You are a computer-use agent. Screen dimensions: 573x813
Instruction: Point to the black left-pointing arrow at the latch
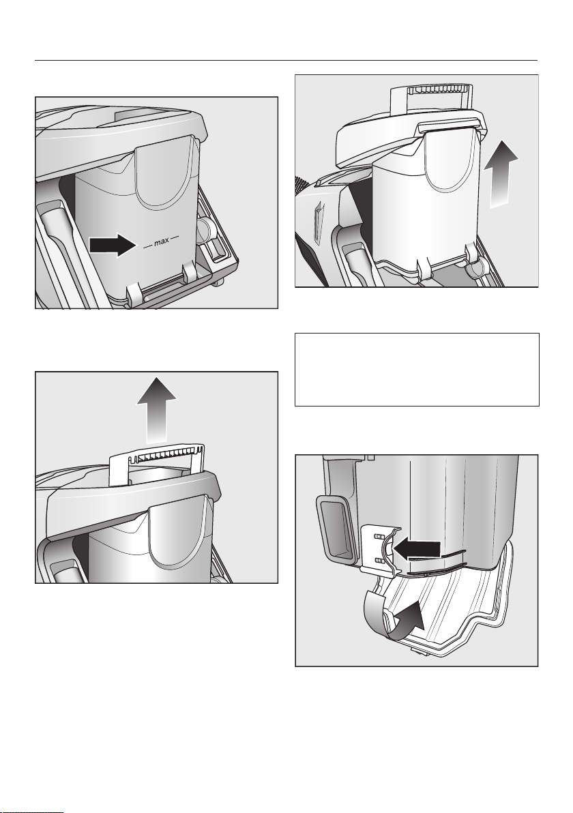417,548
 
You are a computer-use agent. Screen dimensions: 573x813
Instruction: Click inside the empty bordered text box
417,369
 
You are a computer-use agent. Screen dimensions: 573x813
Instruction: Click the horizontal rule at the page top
286,61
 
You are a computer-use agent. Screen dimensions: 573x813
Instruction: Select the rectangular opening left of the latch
336,529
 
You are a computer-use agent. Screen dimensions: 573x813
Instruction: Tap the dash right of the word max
175,239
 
